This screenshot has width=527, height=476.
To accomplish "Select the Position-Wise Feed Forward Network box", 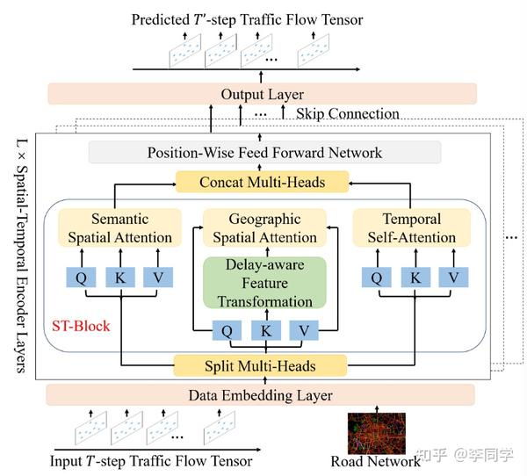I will coord(264,153).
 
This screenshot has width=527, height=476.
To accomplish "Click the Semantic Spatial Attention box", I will coord(119,227).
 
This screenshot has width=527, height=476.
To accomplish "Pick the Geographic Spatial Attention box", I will coord(265,227).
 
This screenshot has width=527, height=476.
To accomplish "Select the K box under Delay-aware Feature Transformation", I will coord(264,332).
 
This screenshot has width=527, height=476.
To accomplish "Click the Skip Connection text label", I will coord(347,114).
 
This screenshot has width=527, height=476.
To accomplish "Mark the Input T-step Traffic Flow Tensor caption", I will coord(150,461).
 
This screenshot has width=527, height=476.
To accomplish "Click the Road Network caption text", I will coord(376,462).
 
